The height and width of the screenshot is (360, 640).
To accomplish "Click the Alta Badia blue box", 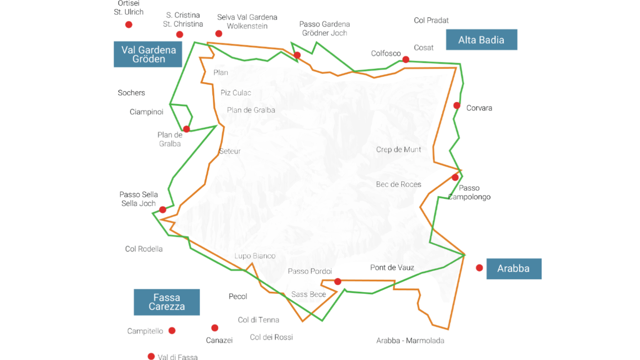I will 481,40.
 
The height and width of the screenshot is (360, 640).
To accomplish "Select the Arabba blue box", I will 514,269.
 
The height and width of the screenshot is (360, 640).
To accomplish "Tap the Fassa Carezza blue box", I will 167,302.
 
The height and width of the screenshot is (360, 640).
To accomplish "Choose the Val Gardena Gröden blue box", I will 148,54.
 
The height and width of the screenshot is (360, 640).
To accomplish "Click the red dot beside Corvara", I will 457,106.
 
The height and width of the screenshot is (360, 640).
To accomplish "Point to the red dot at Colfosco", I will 406,60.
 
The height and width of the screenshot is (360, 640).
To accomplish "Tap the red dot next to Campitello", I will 172,331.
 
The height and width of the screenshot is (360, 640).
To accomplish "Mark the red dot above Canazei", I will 215,328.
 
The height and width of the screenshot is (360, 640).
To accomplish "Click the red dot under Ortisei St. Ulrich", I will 129,25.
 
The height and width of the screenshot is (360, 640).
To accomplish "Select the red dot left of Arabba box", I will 479,268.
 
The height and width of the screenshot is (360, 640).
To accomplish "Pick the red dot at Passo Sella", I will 163,210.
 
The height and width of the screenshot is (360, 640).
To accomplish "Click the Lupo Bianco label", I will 255,256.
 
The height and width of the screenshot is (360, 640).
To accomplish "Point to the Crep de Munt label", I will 398,150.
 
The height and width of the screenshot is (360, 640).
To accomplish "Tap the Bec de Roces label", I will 398,184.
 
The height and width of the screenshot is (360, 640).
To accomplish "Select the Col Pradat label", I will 431,21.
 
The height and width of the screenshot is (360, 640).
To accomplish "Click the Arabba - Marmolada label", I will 410,341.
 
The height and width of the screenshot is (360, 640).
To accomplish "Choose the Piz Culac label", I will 236,93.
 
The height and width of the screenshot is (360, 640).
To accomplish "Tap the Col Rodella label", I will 144,249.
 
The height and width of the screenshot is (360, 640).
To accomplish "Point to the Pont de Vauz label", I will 392,268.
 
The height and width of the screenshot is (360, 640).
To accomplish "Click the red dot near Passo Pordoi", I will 338,282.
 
